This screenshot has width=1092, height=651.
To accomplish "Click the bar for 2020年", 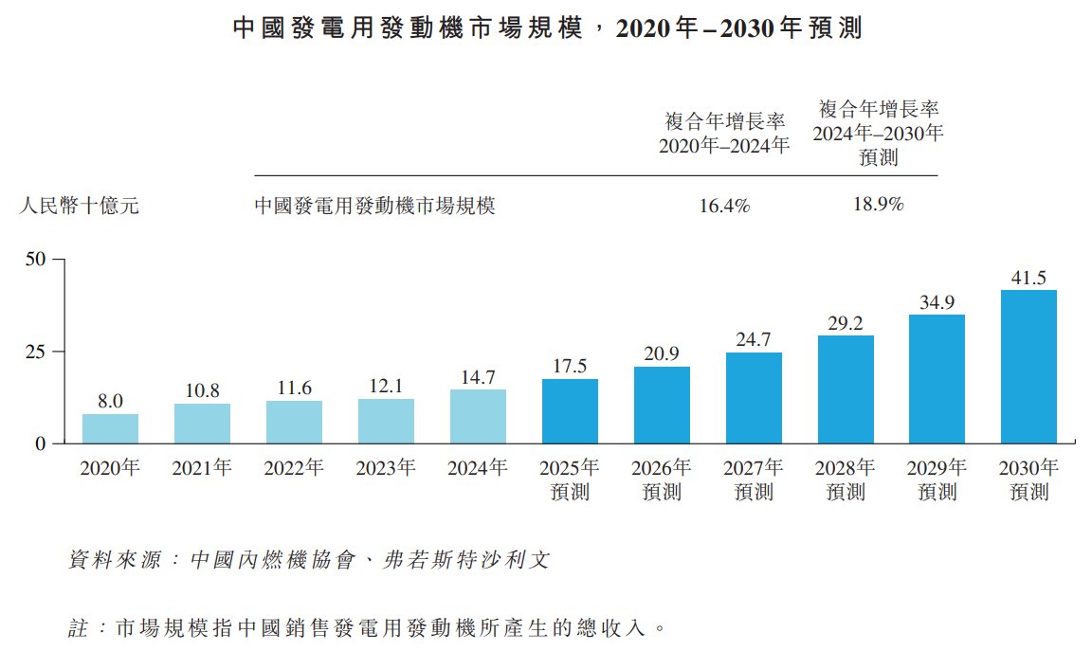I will click(x=110, y=428).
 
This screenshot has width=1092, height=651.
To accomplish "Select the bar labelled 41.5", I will click(x=1028, y=367).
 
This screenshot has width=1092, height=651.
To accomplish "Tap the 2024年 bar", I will click(x=478, y=416).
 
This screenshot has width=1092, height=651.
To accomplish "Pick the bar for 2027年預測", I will click(x=754, y=398).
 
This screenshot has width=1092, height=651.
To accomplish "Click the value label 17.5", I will click(x=570, y=366).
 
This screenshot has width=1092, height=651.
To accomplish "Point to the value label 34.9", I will click(x=937, y=302).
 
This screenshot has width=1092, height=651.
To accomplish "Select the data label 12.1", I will click(x=386, y=386).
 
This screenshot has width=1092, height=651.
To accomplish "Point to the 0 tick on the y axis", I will click(x=42, y=443).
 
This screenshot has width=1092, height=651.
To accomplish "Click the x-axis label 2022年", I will click(x=294, y=468).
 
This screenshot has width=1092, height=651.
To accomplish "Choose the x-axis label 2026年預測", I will click(x=662, y=479).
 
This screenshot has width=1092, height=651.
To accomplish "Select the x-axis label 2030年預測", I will click(x=1028, y=479).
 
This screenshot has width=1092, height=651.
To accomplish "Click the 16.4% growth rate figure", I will click(x=724, y=206).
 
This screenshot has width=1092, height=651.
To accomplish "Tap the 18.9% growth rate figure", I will click(x=878, y=204).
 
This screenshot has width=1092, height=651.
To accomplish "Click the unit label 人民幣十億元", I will click(x=80, y=206).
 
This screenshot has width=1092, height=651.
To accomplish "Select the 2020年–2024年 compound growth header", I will click(x=724, y=134).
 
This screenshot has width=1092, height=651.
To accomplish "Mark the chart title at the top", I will click(x=546, y=27).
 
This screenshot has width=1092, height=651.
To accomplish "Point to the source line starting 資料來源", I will click(x=309, y=560).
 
